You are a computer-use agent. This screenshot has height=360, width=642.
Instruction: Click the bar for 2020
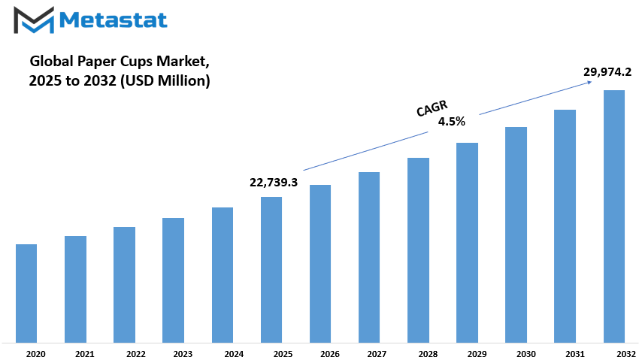click(26, 293)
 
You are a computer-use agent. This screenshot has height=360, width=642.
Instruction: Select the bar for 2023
click(173, 280)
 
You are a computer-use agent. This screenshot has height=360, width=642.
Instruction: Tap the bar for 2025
click(271, 270)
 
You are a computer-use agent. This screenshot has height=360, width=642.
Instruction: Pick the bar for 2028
click(419, 250)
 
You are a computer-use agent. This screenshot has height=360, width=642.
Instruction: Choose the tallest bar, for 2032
click(614, 216)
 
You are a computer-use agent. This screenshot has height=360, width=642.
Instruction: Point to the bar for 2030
click(516, 234)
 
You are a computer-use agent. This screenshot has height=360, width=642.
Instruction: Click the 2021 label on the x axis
click(84, 354)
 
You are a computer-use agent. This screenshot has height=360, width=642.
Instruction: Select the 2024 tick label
click(234, 354)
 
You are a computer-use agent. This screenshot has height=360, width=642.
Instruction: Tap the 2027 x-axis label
click(377, 354)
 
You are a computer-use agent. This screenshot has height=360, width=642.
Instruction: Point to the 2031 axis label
click(575, 354)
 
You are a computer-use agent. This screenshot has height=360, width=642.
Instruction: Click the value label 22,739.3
click(274, 182)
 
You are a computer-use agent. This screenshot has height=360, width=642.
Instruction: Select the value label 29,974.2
click(607, 72)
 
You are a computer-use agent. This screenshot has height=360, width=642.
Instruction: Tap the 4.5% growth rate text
click(452, 121)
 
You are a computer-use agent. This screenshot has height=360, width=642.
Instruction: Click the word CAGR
click(432, 108)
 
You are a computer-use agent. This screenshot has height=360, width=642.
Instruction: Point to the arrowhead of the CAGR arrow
click(589, 82)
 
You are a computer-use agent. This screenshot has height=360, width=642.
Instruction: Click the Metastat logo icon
click(34, 20)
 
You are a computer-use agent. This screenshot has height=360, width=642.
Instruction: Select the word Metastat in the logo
click(114, 20)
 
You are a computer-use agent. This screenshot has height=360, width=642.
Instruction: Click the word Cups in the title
click(136, 62)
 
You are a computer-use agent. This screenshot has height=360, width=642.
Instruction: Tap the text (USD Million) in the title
click(165, 80)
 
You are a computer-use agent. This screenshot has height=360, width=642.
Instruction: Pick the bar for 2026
click(320, 264)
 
